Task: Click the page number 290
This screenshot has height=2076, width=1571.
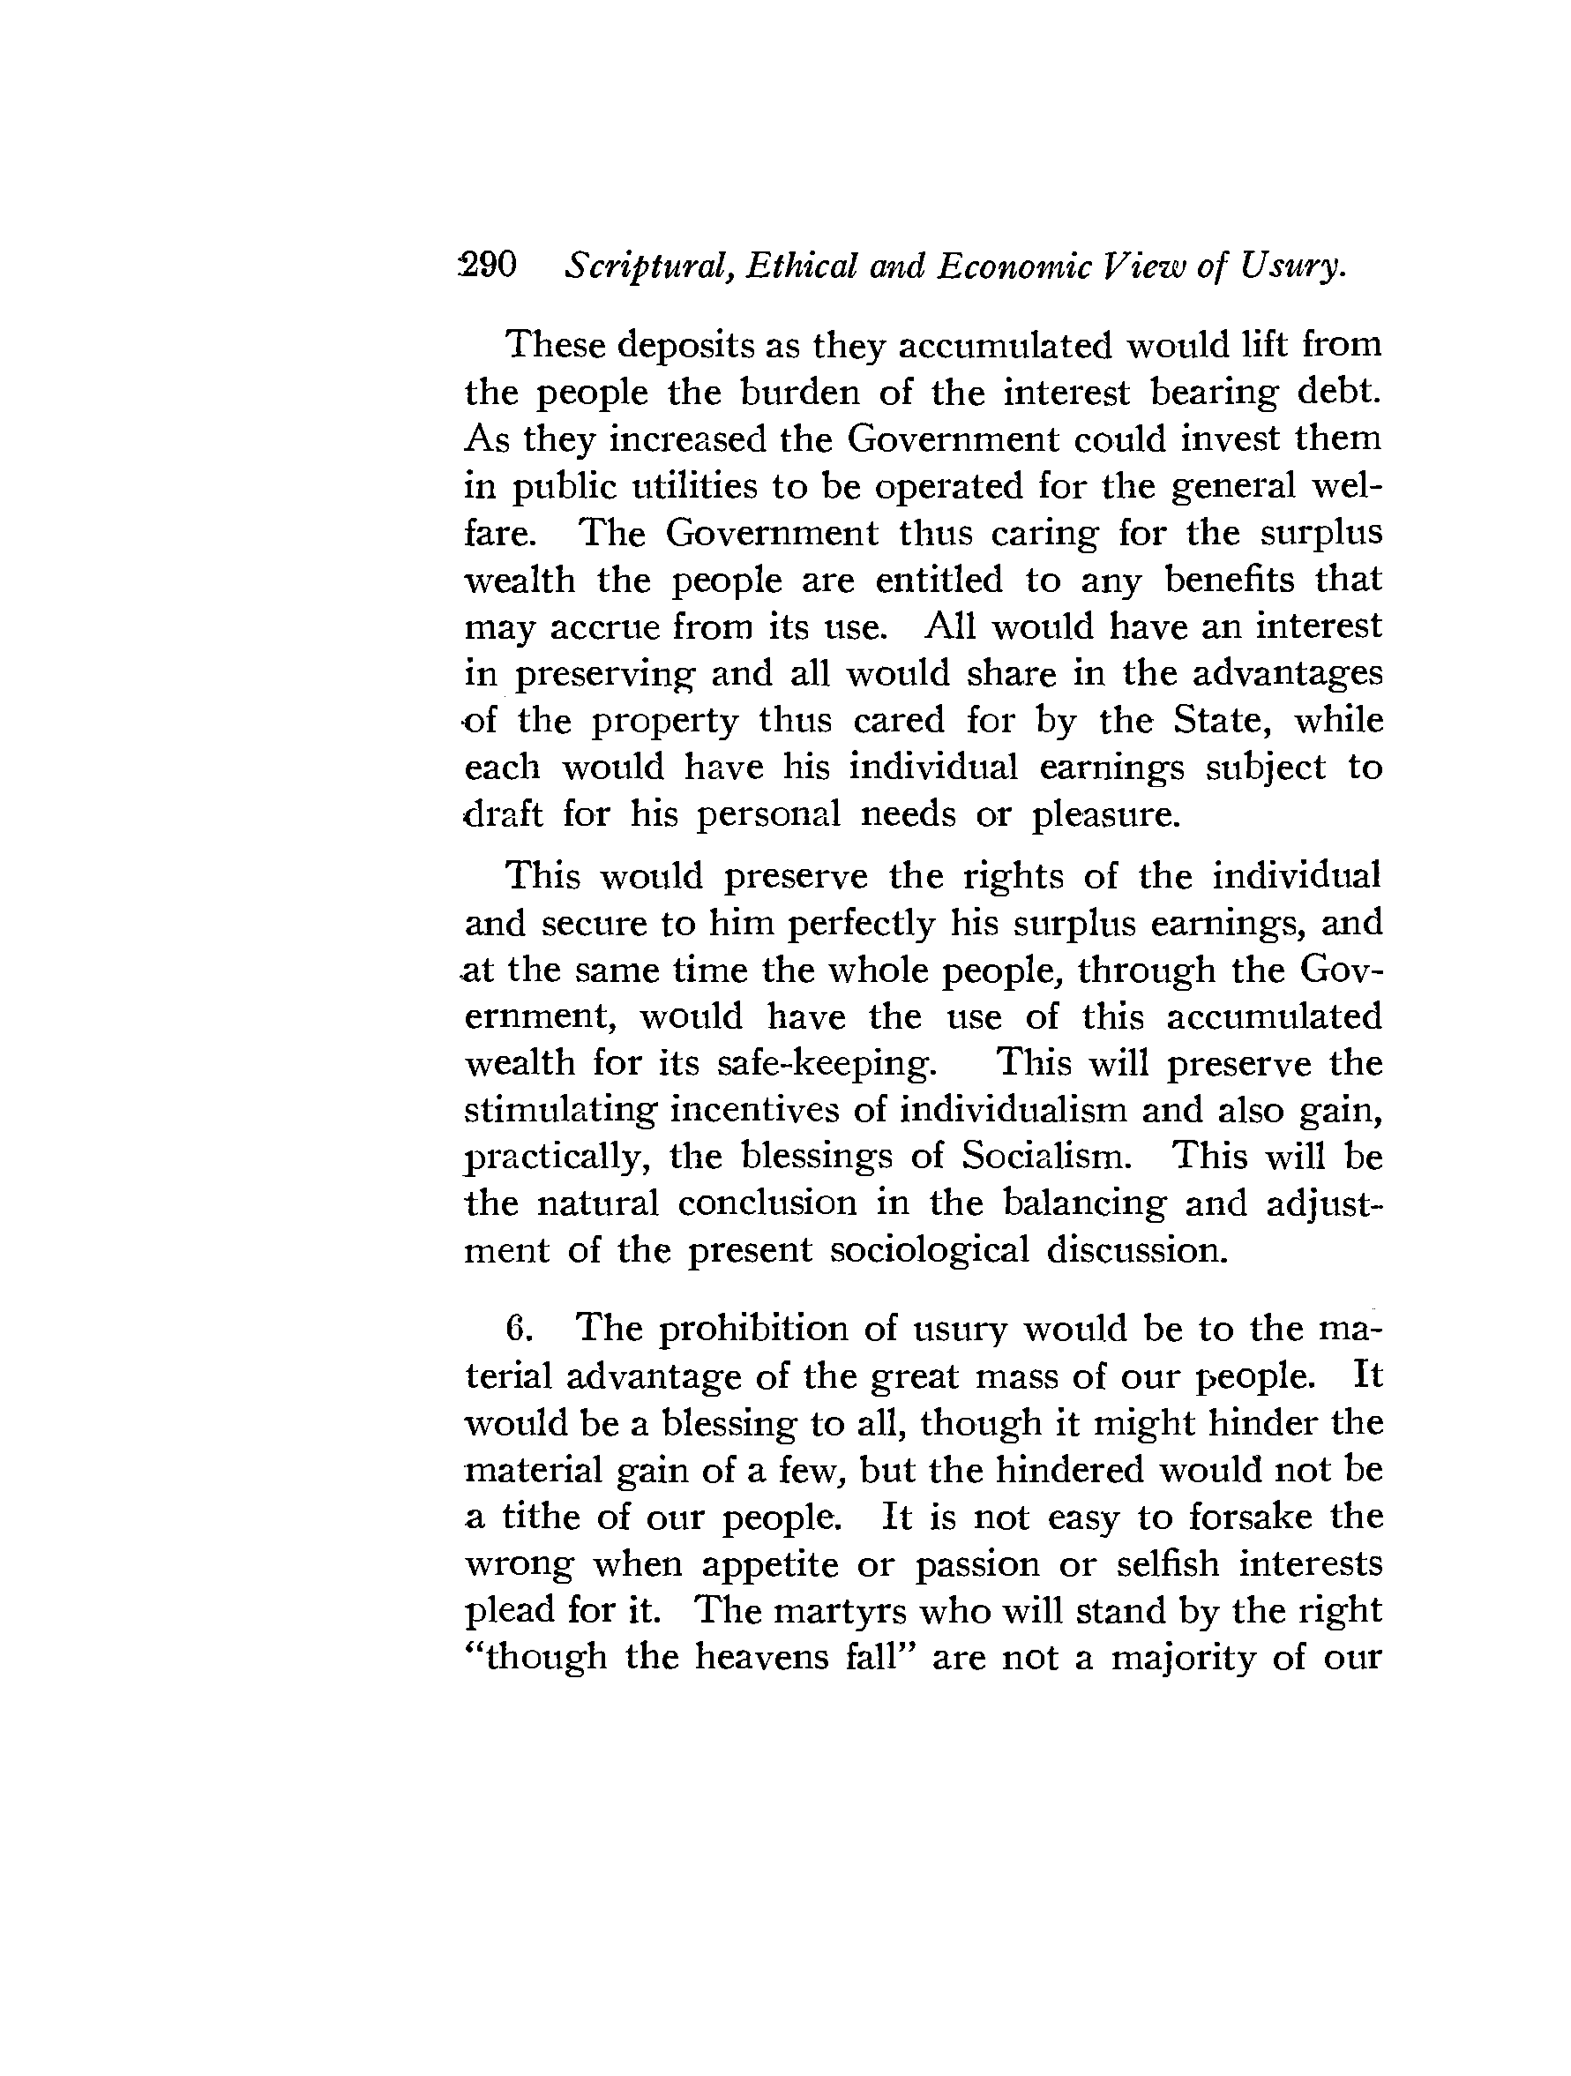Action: (x=488, y=266)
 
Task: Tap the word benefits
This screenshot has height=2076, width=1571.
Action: (x=1231, y=580)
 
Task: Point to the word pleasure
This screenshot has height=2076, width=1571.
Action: (x=1104, y=814)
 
